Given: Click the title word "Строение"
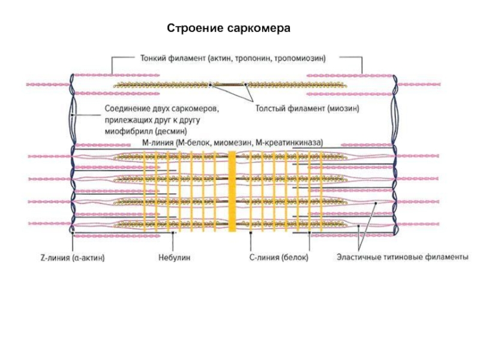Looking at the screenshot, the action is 195,28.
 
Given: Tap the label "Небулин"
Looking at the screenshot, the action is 174,257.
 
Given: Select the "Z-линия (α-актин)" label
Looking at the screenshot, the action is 73,258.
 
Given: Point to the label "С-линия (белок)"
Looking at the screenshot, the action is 278,257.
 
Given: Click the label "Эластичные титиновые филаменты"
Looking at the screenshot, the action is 402,257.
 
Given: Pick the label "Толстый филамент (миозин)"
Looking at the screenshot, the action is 307,109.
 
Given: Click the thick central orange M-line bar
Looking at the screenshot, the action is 232,191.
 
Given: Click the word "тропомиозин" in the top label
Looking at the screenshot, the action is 299,58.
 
